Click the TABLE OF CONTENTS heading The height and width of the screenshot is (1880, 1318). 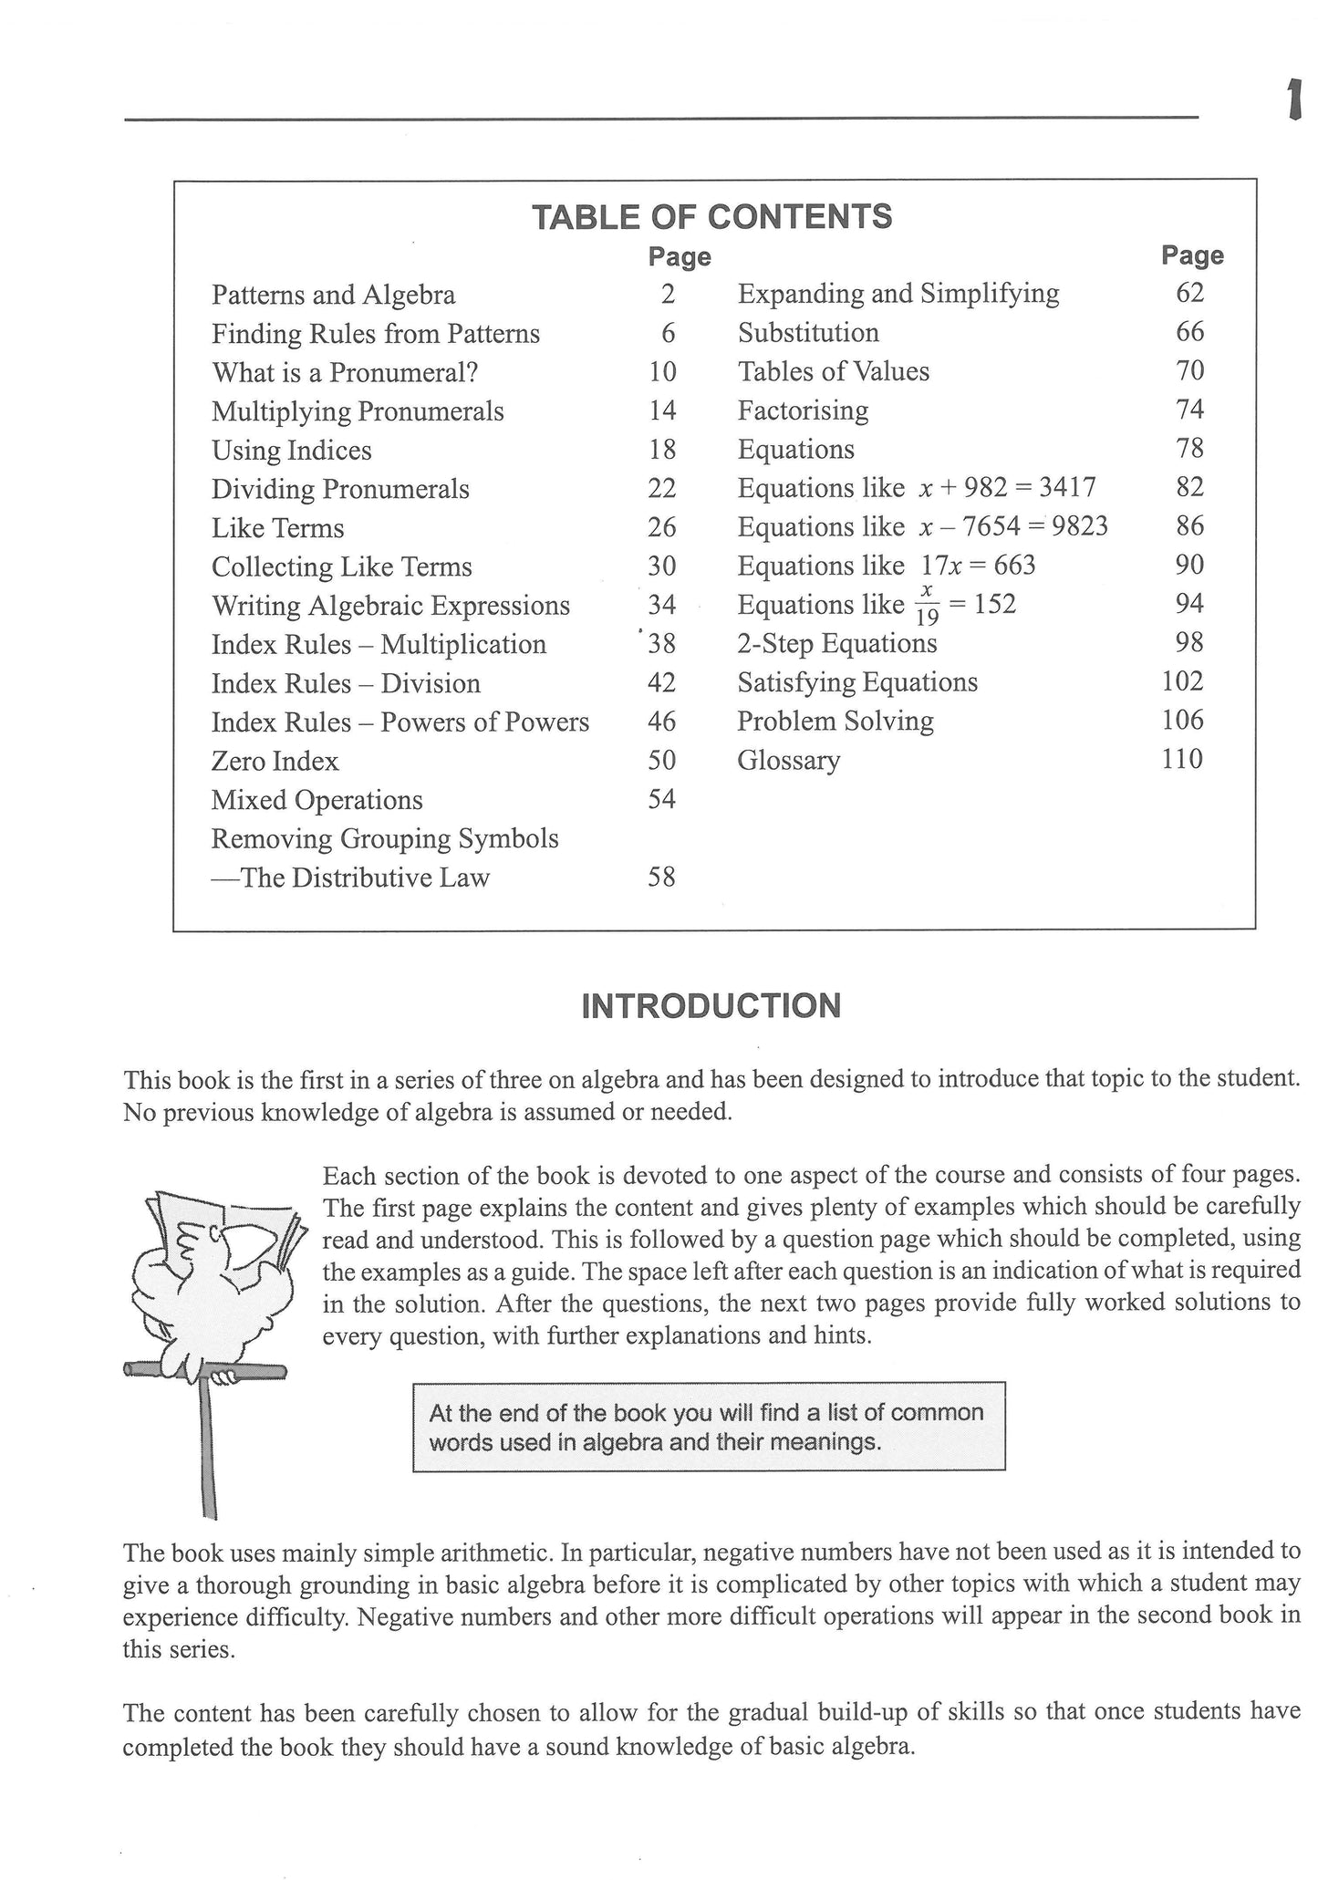[x=711, y=217]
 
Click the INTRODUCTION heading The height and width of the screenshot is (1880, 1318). [x=711, y=1006]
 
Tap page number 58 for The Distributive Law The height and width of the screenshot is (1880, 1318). [x=661, y=878]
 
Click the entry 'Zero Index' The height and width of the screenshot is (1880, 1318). [x=275, y=761]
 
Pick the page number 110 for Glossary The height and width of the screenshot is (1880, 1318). [x=1182, y=759]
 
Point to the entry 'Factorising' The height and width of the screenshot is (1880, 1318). [x=803, y=410]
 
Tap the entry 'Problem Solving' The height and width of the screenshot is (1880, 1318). [x=835, y=722]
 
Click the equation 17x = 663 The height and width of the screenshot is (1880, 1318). [x=978, y=566]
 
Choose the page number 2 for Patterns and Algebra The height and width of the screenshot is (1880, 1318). [x=668, y=294]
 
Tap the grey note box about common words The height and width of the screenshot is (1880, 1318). [x=709, y=1427]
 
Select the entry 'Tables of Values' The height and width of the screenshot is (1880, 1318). [x=833, y=371]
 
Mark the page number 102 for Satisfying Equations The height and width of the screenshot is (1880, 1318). [x=1182, y=681]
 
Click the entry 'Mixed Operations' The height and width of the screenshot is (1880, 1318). [x=317, y=800]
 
